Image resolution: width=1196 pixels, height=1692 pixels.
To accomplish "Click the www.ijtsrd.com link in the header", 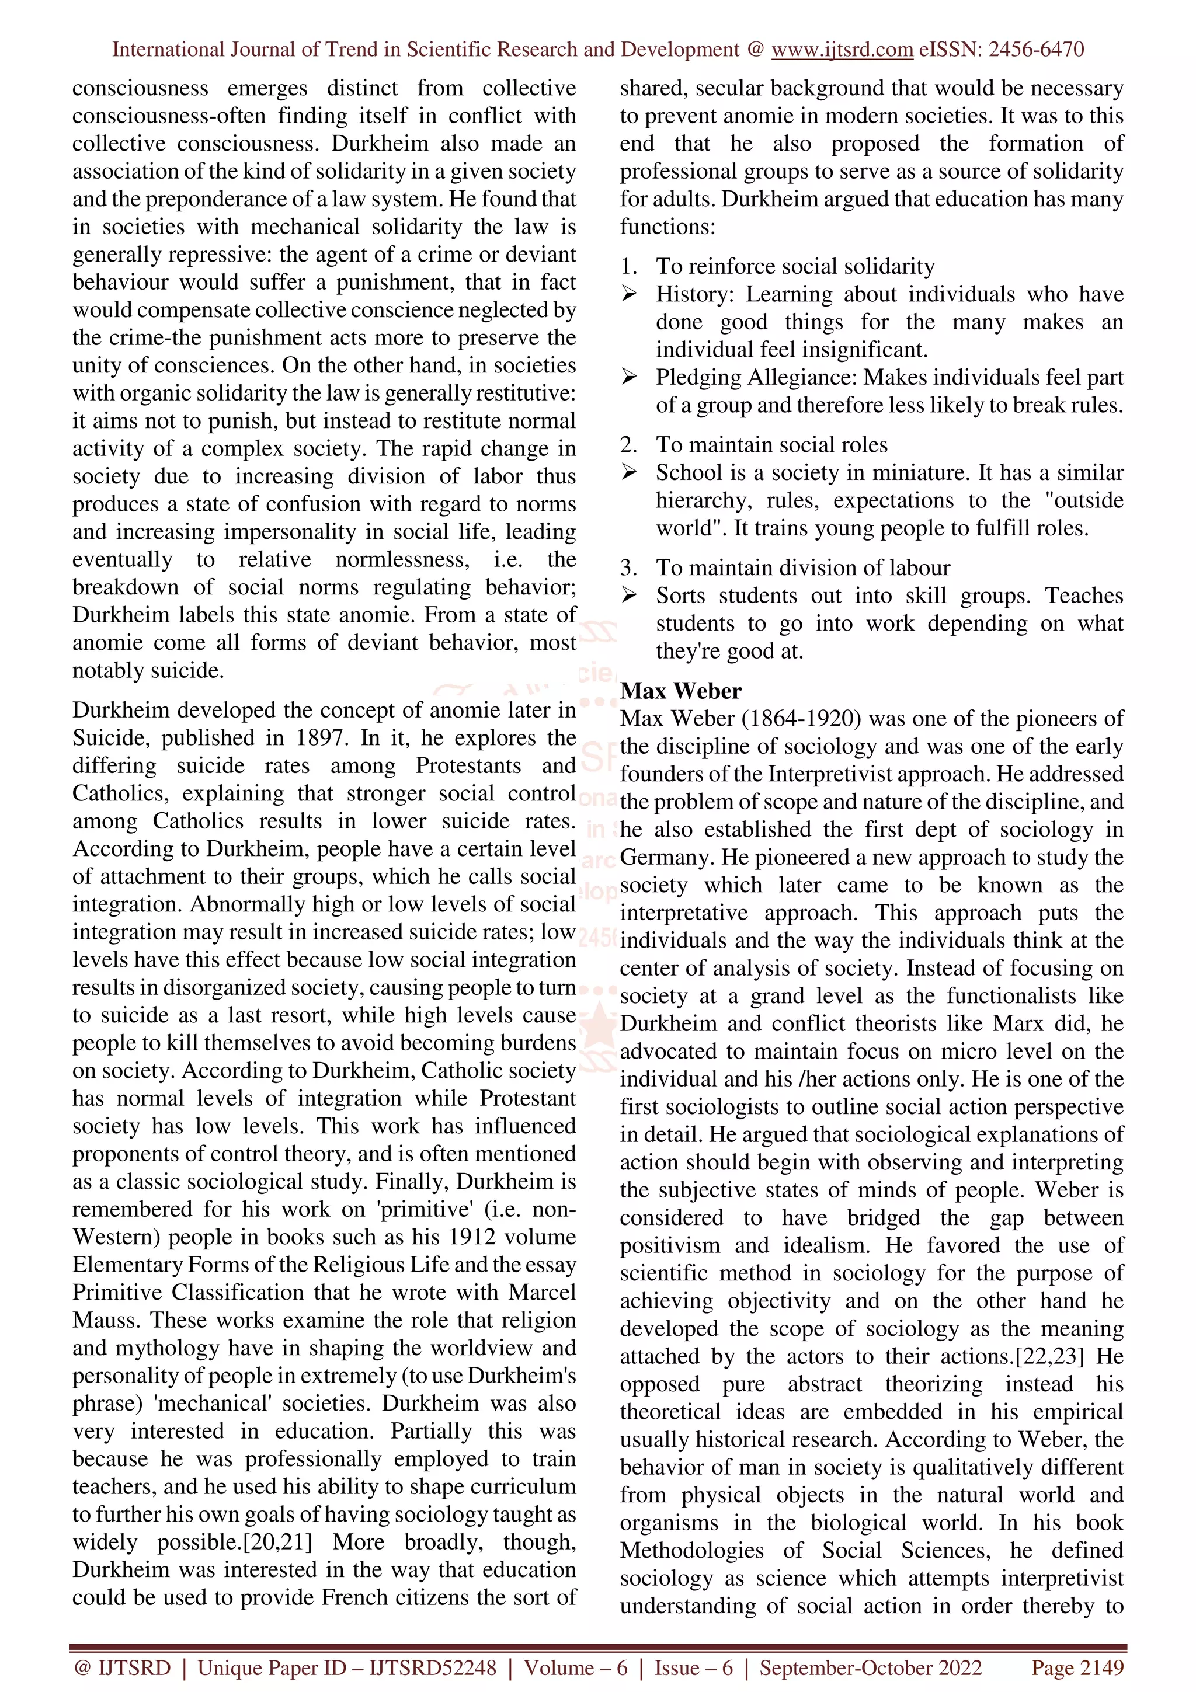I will point(842,50).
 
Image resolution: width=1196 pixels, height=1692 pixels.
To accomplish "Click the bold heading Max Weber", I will point(680,691).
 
